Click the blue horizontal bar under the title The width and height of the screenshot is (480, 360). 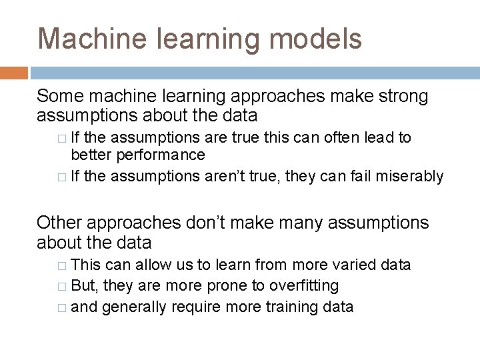pos(254,73)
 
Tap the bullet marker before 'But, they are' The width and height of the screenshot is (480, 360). pos(63,286)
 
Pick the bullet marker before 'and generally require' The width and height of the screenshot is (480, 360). pos(63,307)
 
